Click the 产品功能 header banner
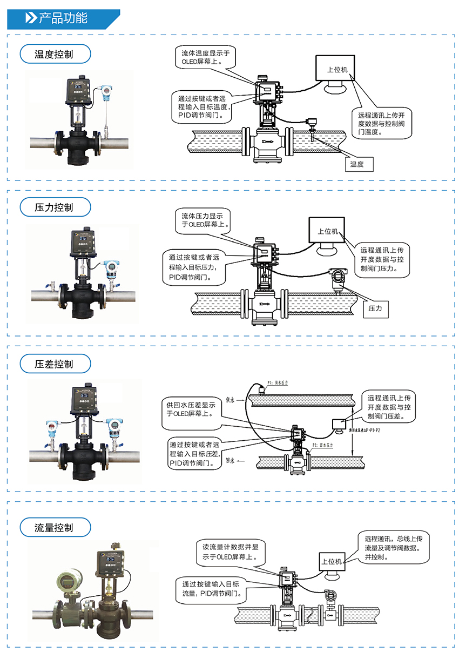[63, 18]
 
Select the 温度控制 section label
[54, 54]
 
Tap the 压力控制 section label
[54, 207]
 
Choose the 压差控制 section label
[54, 364]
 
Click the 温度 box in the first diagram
[357, 164]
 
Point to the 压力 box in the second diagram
[375, 308]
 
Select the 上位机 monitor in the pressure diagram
[327, 231]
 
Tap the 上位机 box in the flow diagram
[332, 562]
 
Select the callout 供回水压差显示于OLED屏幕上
[190, 409]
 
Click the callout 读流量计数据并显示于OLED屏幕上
[230, 551]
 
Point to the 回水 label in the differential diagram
[231, 461]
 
